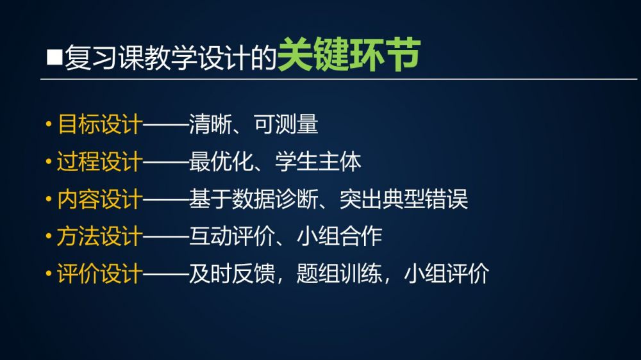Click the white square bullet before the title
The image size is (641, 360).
coord(54,57)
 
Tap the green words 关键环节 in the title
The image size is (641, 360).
coord(349,54)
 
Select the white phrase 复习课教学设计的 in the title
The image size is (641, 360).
coord(171,58)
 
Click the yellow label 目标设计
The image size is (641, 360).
coord(100,124)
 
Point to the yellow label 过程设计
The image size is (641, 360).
coord(100,162)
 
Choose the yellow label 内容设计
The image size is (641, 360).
coord(100,199)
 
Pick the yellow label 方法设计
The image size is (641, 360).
coord(100,236)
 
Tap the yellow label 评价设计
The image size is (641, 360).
coord(100,274)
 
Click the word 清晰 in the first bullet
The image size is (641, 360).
coord(210,124)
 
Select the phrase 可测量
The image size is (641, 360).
coord(286,124)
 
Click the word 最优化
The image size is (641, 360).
coord(221,162)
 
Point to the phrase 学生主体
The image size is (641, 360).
coord(318,162)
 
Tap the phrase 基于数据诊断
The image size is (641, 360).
coord(253,199)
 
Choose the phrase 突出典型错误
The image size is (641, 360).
coord(404,199)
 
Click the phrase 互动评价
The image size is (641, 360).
coord(231,236)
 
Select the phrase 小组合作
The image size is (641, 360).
coord(339,236)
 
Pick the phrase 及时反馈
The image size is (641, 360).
coord(231,274)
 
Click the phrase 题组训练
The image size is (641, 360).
coord(339,274)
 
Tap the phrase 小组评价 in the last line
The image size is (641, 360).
coord(447,274)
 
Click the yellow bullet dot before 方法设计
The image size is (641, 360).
coord(49,236)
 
